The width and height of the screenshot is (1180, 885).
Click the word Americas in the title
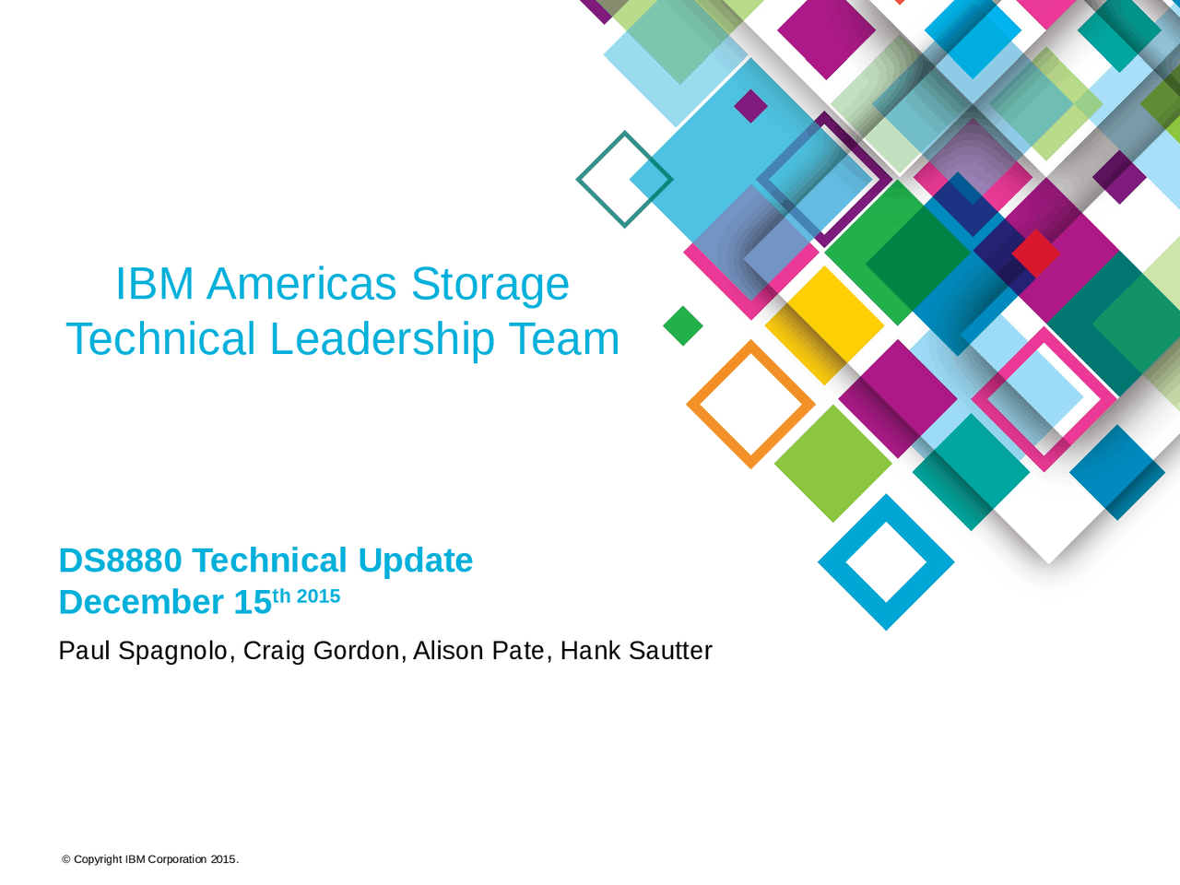point(301,284)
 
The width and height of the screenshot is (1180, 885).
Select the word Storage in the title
point(490,284)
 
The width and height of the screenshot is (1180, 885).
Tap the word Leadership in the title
point(382,339)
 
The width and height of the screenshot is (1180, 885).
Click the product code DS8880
point(120,560)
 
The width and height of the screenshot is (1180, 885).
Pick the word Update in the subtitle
point(415,560)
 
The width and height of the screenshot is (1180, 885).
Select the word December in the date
point(141,602)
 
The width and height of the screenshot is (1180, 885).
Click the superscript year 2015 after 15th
point(318,596)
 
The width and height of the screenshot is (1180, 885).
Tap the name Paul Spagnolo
point(143,651)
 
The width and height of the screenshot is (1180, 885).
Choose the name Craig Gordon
point(321,651)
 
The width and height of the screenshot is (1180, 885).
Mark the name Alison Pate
point(478,651)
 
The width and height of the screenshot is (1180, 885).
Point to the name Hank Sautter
point(636,651)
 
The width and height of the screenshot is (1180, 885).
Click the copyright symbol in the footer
point(66,859)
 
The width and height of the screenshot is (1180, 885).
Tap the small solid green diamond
point(683,325)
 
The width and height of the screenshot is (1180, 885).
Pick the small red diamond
point(1035,253)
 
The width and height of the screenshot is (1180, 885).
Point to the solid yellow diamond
point(824,323)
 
